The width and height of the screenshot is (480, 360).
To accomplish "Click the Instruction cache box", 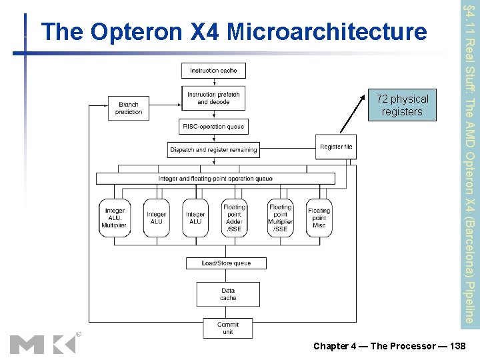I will pos(213,71).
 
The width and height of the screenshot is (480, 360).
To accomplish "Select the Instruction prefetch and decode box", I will pos(213,99).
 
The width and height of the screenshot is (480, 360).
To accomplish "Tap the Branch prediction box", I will pos(129,109).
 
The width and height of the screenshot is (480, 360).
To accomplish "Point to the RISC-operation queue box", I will pos(213,127).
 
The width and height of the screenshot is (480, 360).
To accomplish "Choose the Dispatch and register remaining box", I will pos(213,150).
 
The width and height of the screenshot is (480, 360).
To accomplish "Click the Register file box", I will pos(336,147).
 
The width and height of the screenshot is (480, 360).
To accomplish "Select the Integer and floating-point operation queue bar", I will pos(215,179).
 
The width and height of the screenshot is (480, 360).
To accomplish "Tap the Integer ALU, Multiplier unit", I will pos(115,218).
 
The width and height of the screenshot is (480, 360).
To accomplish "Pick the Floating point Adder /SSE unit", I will pos(234,218).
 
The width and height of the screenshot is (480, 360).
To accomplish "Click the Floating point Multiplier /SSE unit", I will pos(280,218).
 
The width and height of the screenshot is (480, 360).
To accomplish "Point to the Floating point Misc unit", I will pos(319,218).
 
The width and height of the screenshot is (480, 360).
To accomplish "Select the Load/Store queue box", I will pos(226,263).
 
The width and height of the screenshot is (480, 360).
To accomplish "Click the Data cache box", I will pos(228,294).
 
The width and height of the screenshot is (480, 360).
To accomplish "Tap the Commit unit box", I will pos(228,328).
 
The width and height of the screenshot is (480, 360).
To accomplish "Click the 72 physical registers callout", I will pos(403,105).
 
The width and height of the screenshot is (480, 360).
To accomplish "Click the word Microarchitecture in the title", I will pos(327,32).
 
